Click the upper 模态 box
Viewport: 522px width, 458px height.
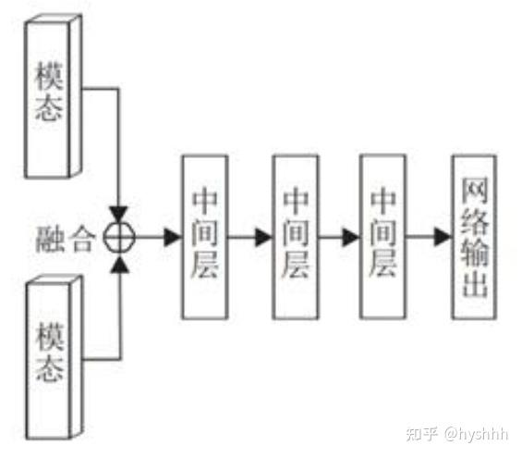click(x=52, y=96)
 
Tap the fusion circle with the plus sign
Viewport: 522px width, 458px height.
click(x=119, y=238)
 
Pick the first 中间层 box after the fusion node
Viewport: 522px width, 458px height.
click(x=204, y=238)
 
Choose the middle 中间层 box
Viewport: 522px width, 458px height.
click(x=294, y=238)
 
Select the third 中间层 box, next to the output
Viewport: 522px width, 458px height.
click(x=382, y=238)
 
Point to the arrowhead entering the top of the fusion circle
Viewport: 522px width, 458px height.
click(x=119, y=214)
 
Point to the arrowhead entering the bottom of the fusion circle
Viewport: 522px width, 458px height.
click(x=119, y=264)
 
